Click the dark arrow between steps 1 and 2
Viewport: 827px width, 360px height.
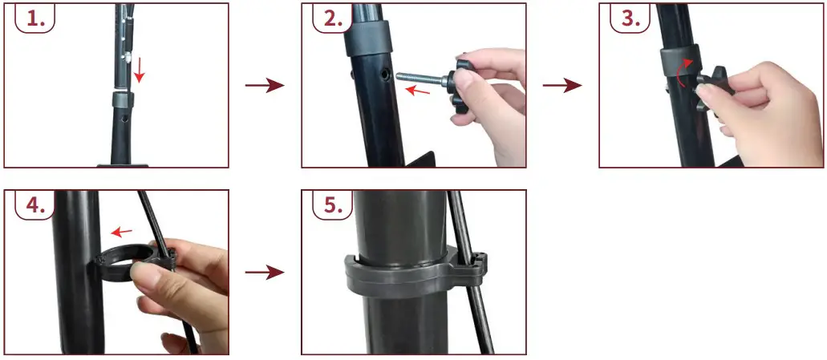264,86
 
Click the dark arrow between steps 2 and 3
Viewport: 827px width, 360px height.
561,86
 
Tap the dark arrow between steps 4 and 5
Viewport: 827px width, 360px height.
264,273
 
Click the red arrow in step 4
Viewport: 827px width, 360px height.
122,233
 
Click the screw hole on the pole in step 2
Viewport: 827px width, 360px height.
387,74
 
